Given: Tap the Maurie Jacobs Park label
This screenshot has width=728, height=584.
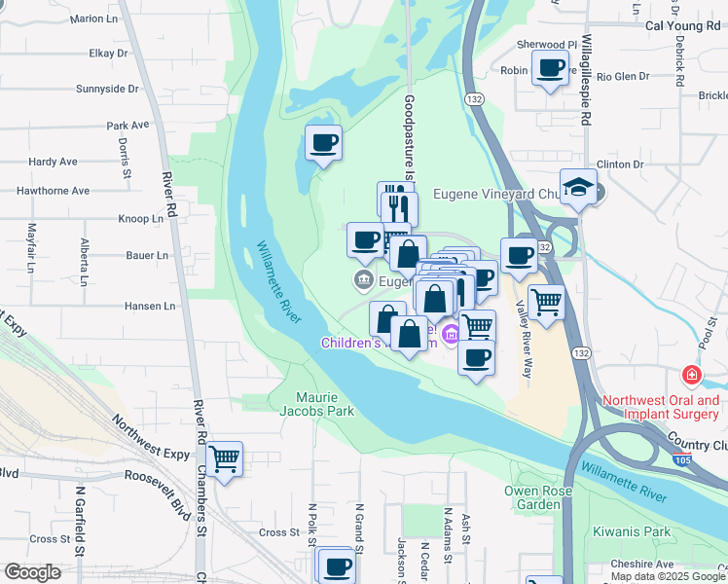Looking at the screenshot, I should [x=325, y=405].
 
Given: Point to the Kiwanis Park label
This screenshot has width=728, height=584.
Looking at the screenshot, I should [x=642, y=532].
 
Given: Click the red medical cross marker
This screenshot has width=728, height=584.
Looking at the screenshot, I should [x=691, y=375].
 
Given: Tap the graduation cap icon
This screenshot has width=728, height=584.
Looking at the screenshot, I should [x=579, y=186].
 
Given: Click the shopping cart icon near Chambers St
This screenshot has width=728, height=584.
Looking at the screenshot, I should [x=225, y=456].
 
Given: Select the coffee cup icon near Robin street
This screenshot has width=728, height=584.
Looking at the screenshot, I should [x=550, y=68].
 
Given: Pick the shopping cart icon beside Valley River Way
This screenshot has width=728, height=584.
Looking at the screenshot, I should [x=546, y=301].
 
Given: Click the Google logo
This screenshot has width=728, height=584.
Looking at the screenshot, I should [x=32, y=572].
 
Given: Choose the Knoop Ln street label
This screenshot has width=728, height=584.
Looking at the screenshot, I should [x=140, y=219].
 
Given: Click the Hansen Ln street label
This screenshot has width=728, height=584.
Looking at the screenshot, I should [x=150, y=306].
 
